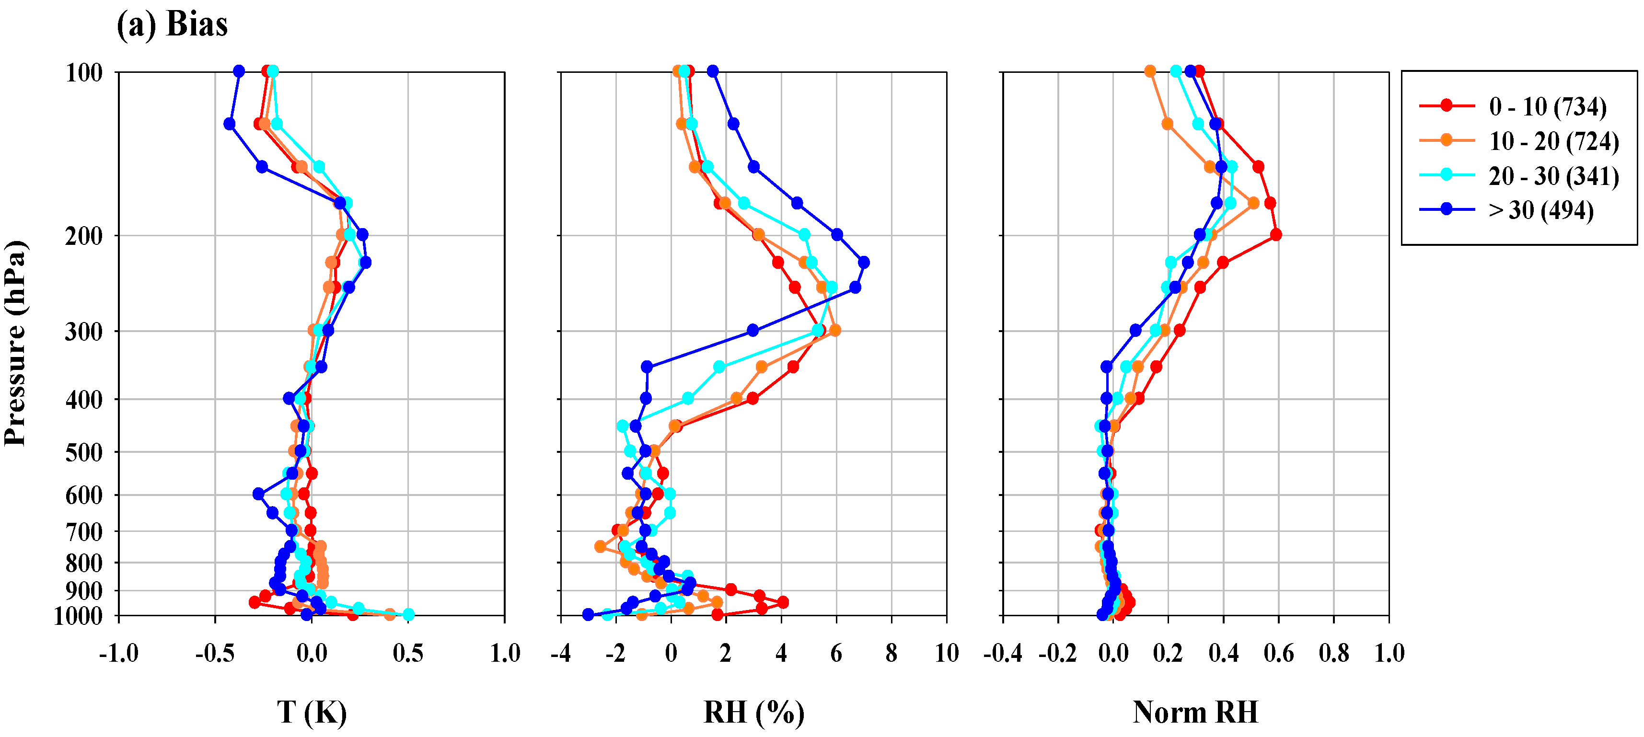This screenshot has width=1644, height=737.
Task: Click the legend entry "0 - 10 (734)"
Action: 1547,106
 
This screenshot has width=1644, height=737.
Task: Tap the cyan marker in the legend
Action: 1447,175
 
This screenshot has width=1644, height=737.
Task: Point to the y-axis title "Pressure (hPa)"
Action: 15,343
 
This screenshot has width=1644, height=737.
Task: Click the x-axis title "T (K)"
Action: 312,712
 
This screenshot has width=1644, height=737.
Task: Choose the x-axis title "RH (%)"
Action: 754,712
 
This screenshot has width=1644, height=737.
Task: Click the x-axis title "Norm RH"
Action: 1195,712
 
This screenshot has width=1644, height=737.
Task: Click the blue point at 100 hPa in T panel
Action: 239,71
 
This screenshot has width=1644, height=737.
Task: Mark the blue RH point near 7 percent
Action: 864,262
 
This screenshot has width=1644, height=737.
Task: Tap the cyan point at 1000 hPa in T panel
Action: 408,614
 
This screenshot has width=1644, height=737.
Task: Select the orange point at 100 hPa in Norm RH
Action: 1150,71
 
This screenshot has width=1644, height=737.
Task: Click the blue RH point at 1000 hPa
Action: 588,614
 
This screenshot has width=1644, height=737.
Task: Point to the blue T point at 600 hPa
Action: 258,494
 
